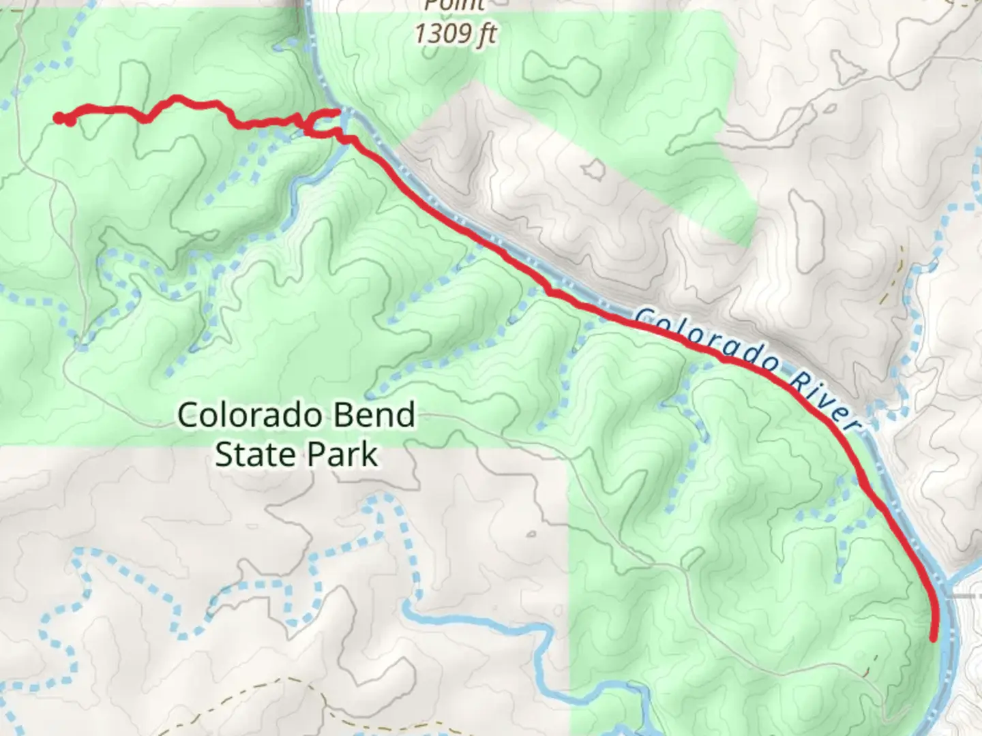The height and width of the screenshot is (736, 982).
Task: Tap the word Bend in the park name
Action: [378, 415]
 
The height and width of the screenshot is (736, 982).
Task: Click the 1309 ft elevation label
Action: [456, 33]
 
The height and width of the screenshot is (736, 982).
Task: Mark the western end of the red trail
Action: [58, 118]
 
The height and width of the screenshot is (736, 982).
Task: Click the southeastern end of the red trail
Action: [934, 638]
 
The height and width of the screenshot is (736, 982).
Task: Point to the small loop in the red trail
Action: [321, 125]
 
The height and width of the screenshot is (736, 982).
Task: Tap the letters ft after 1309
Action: [486, 33]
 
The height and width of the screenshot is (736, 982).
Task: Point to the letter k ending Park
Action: [369, 455]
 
